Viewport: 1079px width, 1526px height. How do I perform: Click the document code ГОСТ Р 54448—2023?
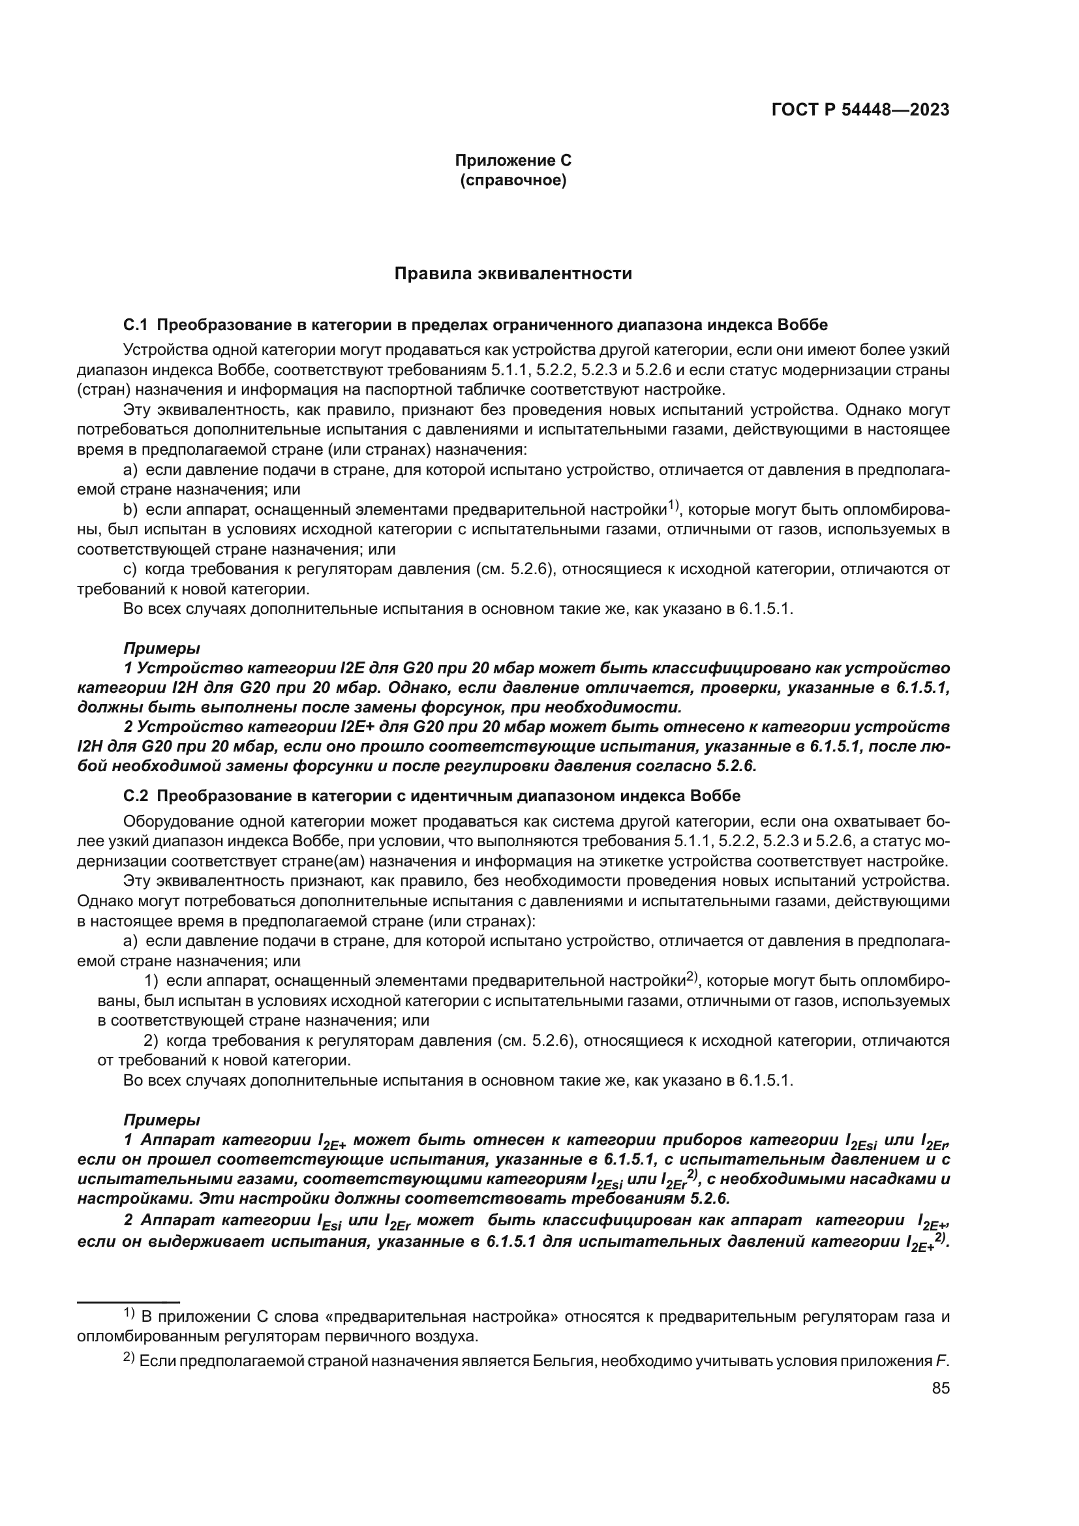coord(860,110)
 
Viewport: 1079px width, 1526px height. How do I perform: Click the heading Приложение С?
coord(512,160)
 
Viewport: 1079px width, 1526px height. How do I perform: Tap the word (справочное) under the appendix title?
coord(512,180)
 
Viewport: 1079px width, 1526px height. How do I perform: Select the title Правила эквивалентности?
coord(512,274)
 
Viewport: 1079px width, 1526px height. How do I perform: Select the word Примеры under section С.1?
coord(161,648)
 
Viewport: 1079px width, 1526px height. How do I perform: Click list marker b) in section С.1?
coord(130,510)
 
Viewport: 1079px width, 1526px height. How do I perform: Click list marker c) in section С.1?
coord(130,570)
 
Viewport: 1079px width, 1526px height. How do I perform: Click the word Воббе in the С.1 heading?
coord(806,325)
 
